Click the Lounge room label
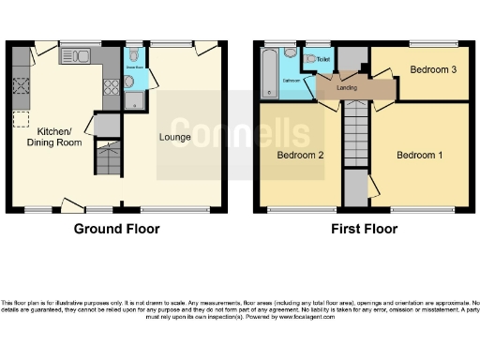click(175, 138)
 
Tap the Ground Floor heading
click(116, 229)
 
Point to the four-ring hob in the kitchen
click(111, 87)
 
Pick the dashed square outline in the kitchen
click(21, 119)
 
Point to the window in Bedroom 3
click(417, 43)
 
